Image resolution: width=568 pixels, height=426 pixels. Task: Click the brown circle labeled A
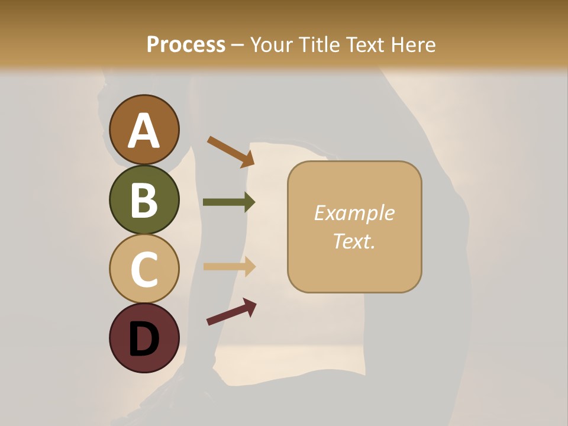pyautogui.click(x=144, y=130)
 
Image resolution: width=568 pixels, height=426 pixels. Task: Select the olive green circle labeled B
pyautogui.click(x=144, y=199)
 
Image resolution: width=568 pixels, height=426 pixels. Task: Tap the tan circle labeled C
pyautogui.click(x=144, y=269)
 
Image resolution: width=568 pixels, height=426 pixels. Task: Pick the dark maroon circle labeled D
pyautogui.click(x=144, y=338)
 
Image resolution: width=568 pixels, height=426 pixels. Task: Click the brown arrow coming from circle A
pyautogui.click(x=231, y=151)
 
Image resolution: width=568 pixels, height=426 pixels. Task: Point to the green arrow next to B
pyautogui.click(x=229, y=202)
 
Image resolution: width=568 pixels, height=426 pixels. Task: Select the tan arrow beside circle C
pyautogui.click(x=229, y=266)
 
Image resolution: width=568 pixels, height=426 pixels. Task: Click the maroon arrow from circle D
pyautogui.click(x=231, y=312)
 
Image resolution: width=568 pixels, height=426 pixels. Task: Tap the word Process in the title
pyautogui.click(x=186, y=45)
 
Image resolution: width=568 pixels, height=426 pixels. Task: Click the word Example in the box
pyautogui.click(x=354, y=214)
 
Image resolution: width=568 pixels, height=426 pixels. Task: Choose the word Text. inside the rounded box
pyautogui.click(x=354, y=241)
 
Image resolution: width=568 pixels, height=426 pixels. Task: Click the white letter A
pyautogui.click(x=144, y=131)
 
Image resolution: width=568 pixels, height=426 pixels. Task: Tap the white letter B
pyautogui.click(x=144, y=200)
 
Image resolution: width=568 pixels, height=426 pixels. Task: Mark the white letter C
pyautogui.click(x=144, y=269)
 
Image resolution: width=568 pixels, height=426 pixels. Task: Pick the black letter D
pyautogui.click(x=144, y=339)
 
